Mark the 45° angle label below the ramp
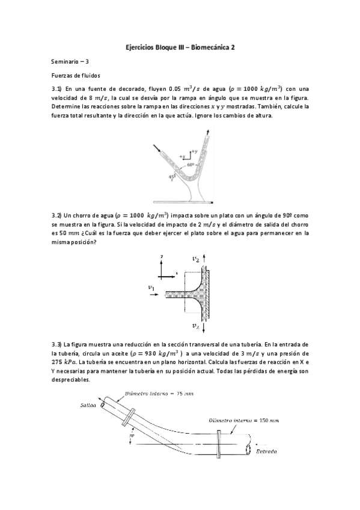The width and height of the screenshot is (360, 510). click(172, 177)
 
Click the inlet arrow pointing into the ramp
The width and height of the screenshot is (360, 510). click(157, 148)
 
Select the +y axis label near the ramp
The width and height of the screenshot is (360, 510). click(194, 151)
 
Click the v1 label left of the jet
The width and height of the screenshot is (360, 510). click(152, 289)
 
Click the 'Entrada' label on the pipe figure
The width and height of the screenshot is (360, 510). click(267, 450)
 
